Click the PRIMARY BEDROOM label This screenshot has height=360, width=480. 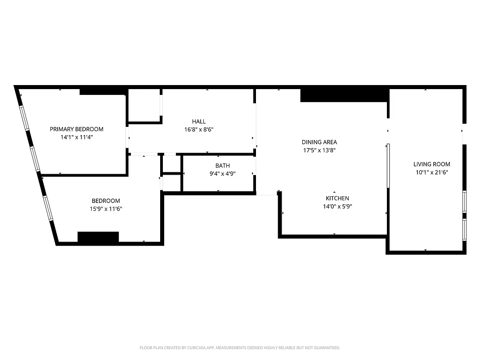click(x=76, y=129)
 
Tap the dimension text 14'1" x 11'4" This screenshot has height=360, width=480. click(x=76, y=137)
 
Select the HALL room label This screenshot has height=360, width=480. click(x=199, y=121)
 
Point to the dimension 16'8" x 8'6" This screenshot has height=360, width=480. click(x=199, y=130)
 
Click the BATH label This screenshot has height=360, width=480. click(x=222, y=166)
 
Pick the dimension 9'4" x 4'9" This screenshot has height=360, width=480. click(x=222, y=174)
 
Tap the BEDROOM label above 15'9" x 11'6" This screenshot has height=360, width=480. click(x=106, y=201)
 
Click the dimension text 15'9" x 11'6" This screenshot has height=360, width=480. click(x=106, y=209)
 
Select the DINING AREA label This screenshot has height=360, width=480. click(x=319, y=142)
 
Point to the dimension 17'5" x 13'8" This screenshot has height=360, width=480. click(x=319, y=150)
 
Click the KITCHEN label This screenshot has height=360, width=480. click(x=337, y=198)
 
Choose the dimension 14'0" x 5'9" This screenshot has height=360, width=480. click(x=337, y=207)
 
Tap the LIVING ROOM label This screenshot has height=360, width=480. click(x=432, y=164)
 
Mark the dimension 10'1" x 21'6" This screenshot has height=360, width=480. click(x=432, y=172)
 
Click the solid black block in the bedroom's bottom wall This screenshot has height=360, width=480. click(x=98, y=237)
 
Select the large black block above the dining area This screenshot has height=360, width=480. click(x=344, y=95)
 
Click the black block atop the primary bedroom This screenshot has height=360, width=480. click(x=102, y=92)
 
